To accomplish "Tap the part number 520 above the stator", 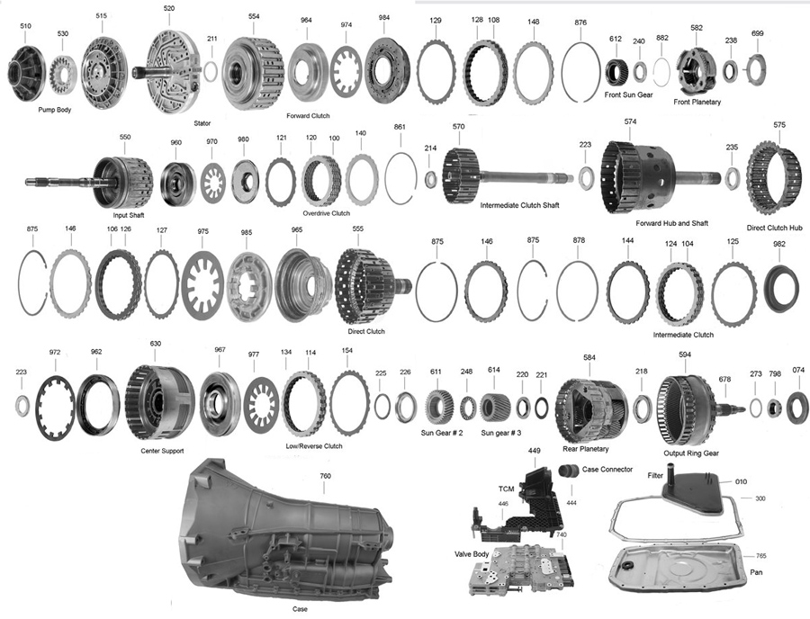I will click(169, 8).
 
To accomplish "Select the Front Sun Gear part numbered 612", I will click(616, 70).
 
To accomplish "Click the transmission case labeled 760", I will click(288, 535).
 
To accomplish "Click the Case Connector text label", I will click(607, 470).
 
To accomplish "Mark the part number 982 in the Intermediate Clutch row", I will click(779, 245).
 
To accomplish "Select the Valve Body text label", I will click(472, 554).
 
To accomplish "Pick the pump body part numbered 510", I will click(29, 72).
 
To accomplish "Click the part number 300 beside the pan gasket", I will click(760, 498).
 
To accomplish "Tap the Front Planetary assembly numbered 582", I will click(696, 68).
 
